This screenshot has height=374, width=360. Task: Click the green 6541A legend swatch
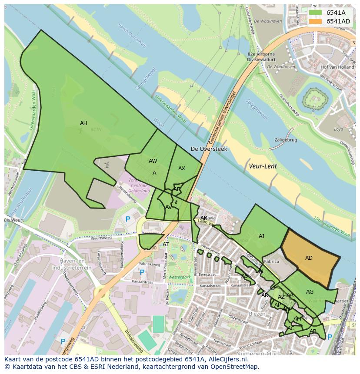coord(316,12)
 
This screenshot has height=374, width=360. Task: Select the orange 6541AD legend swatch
coord(316,21)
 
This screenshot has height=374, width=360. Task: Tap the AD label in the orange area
coord(309,258)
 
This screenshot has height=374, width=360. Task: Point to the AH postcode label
coord(83,123)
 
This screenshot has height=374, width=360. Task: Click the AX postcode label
coord(182,169)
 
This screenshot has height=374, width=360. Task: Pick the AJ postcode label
coord(261,236)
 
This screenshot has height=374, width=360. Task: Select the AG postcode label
coord(310,292)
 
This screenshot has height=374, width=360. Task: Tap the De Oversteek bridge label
coord(209,149)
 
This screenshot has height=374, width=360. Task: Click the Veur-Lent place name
coord(263,166)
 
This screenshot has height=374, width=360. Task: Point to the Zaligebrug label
coord(286,140)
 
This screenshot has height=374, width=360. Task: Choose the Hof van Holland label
coord(337,67)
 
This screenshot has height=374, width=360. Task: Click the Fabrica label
coord(271,262)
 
